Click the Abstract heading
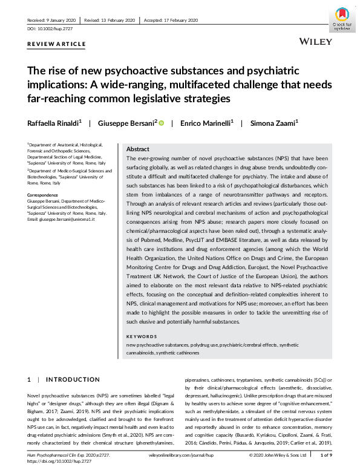click(138, 149)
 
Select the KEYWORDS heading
click(141, 336)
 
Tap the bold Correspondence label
click(44, 195)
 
